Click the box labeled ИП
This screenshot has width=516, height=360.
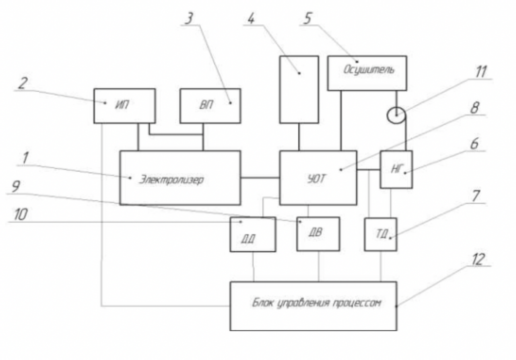[x=124, y=106]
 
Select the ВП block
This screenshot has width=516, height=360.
[x=210, y=106]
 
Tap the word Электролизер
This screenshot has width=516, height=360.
[x=171, y=180]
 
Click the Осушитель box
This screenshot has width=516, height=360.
[x=367, y=73]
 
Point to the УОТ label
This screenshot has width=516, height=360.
[x=316, y=179]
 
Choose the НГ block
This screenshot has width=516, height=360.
[x=396, y=170]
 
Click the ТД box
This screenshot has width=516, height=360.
[x=381, y=235]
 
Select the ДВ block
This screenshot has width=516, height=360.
[x=318, y=234]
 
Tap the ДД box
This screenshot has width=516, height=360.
[x=253, y=235]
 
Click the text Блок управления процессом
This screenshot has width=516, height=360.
[x=316, y=303]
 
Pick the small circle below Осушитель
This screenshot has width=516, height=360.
[x=396, y=115]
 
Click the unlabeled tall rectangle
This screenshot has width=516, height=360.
[x=299, y=90]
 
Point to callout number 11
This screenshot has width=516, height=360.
[x=481, y=71]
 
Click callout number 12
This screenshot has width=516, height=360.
[x=478, y=259]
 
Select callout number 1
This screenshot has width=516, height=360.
[x=25, y=158]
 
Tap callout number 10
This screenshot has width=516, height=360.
[x=20, y=214]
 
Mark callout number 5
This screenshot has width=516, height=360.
[x=307, y=19]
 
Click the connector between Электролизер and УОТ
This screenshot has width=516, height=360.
[x=260, y=178]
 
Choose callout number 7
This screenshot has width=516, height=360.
[x=476, y=196]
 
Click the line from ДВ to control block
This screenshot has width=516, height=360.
[x=318, y=266]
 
